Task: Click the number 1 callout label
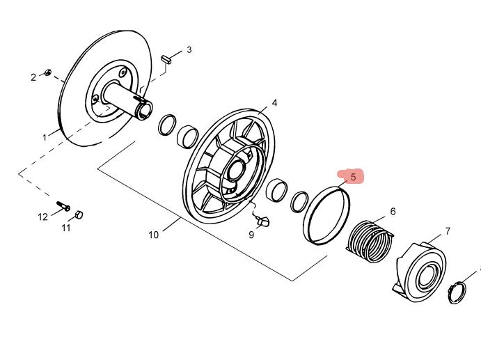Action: click(x=45, y=138)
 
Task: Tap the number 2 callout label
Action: click(x=33, y=77)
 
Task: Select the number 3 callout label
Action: click(x=189, y=50)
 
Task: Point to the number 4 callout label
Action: click(x=274, y=102)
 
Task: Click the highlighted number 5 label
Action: click(x=353, y=177)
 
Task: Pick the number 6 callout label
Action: click(x=393, y=211)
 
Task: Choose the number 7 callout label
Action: click(x=448, y=230)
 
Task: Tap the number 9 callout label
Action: click(x=251, y=235)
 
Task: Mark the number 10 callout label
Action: click(x=153, y=235)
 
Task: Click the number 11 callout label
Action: click(x=66, y=228)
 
